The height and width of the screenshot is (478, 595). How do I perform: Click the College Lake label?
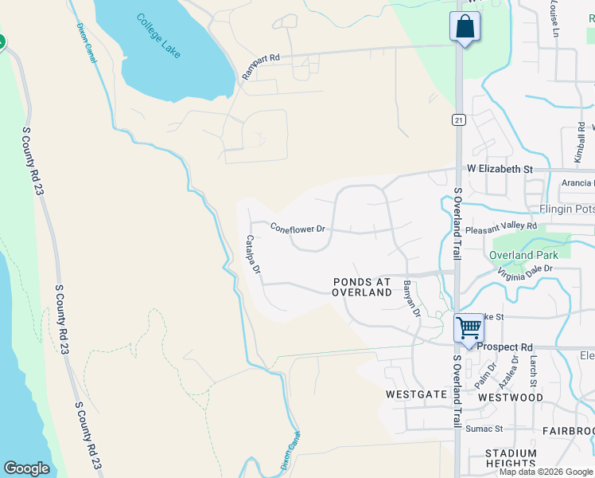[x=158, y=36]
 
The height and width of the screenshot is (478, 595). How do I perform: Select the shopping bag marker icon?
[x=465, y=27]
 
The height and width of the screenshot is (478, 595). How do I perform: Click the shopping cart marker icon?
[x=469, y=327]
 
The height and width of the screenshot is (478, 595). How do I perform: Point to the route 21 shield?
[x=458, y=119]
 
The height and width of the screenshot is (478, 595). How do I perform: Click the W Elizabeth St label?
[x=500, y=170]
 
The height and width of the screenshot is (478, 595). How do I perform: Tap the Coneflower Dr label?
[x=297, y=228]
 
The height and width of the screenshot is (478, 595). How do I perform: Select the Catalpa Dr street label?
[x=253, y=254]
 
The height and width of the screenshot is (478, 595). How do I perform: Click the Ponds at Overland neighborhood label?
[x=362, y=287]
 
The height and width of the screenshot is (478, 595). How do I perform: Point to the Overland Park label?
[x=523, y=255]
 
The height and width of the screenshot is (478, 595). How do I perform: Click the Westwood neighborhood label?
[x=510, y=397]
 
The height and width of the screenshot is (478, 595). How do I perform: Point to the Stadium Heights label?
[x=510, y=458]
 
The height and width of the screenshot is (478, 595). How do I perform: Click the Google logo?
[x=26, y=468]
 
